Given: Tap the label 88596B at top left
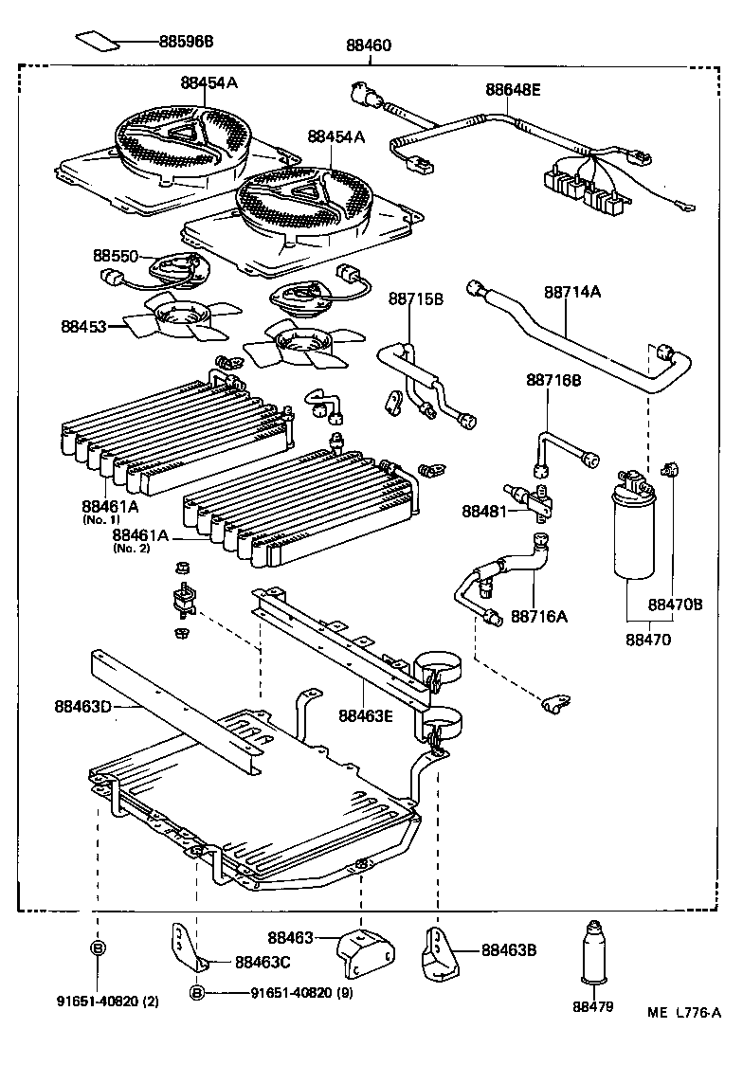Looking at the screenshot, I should pyautogui.click(x=187, y=42).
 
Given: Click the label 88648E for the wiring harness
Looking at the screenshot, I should pyautogui.click(x=513, y=90).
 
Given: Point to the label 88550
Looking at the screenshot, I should pyautogui.click(x=116, y=256).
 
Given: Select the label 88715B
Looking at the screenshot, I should pyautogui.click(x=415, y=298).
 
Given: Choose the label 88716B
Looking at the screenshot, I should pyautogui.click(x=553, y=380).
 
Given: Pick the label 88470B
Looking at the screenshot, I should pyautogui.click(x=675, y=605).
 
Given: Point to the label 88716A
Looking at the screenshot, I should pyautogui.click(x=539, y=617).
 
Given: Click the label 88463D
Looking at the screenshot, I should pyautogui.click(x=82, y=705).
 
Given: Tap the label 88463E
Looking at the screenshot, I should pyautogui.click(x=366, y=715).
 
